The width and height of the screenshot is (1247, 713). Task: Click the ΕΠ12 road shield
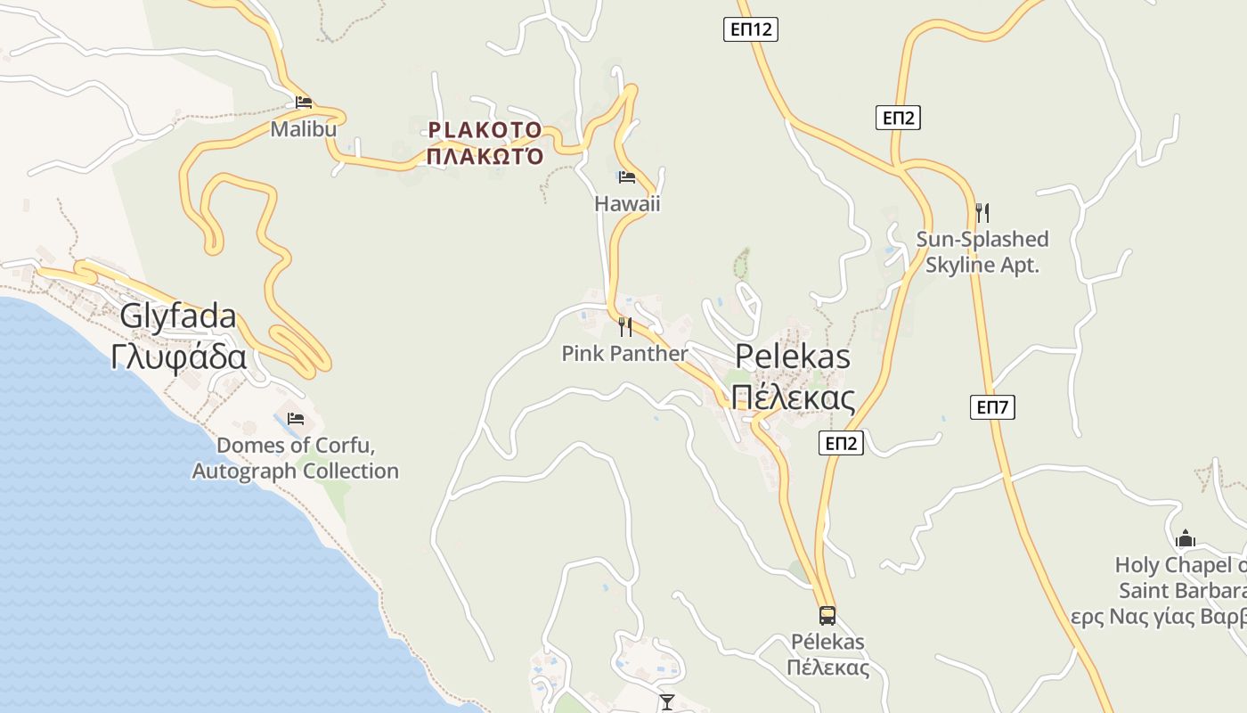coord(750,29)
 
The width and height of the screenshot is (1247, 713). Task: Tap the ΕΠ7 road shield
coord(992,407)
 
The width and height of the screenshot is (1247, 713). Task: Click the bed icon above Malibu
coord(304,102)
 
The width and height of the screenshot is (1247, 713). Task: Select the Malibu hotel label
coord(304,129)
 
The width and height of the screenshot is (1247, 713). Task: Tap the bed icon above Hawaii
coord(627,177)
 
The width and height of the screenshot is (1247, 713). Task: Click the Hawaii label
coord(627,203)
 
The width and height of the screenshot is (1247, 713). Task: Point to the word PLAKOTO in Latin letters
coord(485,130)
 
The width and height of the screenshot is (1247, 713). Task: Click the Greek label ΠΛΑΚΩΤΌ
coord(485,157)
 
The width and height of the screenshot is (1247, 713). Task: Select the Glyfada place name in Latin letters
coord(178,316)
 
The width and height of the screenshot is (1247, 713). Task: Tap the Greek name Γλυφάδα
coord(178,356)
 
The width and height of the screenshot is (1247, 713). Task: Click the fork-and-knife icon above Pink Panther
coord(625,327)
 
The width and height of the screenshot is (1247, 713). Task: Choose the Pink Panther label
coord(624,354)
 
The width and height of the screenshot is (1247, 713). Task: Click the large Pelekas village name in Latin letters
coord(792,356)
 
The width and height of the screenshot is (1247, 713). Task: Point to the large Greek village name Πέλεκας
coord(792,397)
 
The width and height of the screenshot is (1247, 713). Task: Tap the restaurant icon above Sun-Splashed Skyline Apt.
coord(982,212)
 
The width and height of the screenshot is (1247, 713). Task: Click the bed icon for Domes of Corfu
coord(296,418)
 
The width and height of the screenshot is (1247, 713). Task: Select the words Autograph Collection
coord(296,471)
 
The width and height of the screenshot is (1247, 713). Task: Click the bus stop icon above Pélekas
coord(827,615)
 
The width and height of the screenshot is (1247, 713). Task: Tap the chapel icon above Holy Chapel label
coord(1185,538)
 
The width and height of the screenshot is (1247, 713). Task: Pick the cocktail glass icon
coord(667,702)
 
